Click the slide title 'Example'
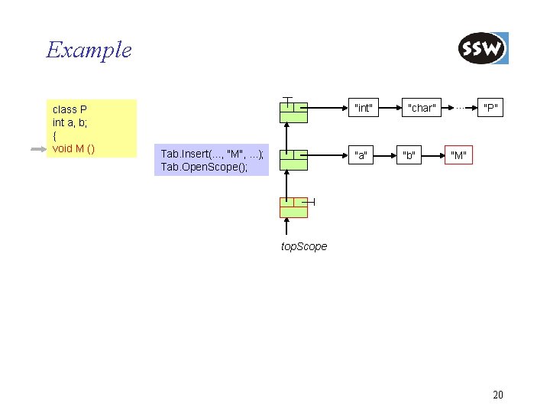point(89,50)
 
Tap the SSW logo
point(483,49)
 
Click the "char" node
point(421,108)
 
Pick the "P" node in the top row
point(490,108)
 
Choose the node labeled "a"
point(361,156)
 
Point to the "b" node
point(409,156)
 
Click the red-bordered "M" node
point(458,156)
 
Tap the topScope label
point(304,246)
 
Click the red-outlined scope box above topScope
point(293,206)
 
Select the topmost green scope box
point(293,112)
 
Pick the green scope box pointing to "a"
point(293,159)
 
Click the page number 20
point(498,395)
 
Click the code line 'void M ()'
point(73,148)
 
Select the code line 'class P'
point(70,109)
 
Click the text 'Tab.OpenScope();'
point(204,167)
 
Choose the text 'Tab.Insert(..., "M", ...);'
point(212,154)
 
